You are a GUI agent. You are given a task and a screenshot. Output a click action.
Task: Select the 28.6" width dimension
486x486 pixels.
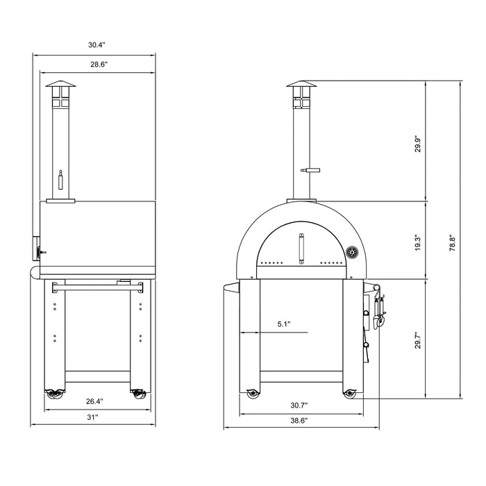pos(97,64)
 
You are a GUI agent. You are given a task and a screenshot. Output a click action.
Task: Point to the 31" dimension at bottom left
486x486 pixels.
pos(92,417)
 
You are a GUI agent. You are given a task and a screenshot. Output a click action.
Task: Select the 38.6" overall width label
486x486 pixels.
pos(300,420)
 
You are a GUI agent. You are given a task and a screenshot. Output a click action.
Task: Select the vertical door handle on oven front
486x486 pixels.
pos(301,249)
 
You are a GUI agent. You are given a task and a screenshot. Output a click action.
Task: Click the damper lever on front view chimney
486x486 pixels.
pos(310,169)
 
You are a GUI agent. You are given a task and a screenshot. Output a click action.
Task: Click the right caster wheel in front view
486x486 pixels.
pos(349,395)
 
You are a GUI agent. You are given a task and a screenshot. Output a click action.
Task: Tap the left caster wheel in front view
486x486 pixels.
pos(251,395)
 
